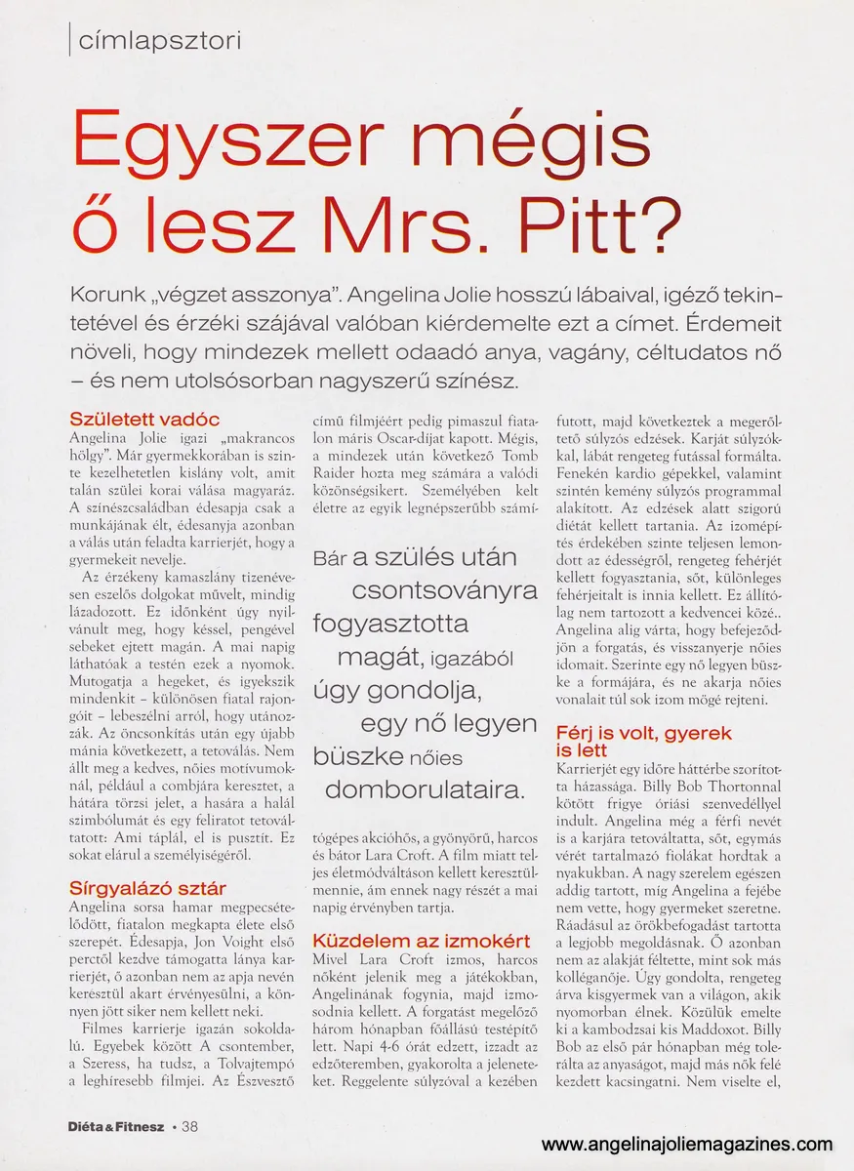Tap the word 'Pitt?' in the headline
pyautogui.click(x=594, y=220)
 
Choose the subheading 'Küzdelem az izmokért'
pyautogui.click(x=421, y=941)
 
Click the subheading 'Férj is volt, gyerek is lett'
pyautogui.click(x=643, y=741)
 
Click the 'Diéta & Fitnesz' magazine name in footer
pyautogui.click(x=116, y=1125)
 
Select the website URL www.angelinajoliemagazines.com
pyautogui.click(x=687, y=1145)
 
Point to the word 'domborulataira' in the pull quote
pyautogui.click(x=423, y=789)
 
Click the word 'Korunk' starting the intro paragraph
pyautogui.click(x=105, y=296)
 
